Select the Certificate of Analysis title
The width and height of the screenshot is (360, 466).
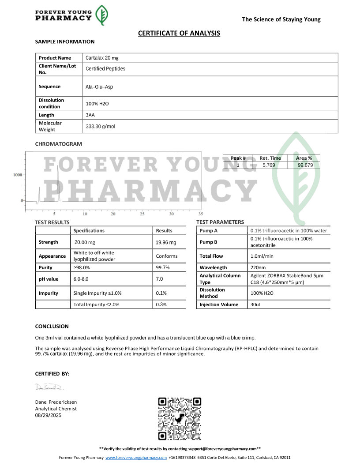click(179, 33)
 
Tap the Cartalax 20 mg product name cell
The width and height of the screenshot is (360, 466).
click(102, 58)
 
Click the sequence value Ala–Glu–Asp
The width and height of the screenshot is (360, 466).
click(99, 87)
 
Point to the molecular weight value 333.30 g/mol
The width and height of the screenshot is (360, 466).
click(100, 127)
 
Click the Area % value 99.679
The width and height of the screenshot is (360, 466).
click(304, 165)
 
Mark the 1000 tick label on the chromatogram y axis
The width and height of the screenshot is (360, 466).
click(18, 175)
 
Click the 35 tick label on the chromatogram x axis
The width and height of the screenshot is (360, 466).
click(201, 214)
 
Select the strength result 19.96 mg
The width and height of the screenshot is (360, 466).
click(166, 242)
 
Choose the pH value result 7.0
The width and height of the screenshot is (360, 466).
click(159, 279)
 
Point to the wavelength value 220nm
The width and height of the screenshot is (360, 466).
click(258, 267)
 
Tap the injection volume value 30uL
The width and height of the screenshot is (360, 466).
click(256, 304)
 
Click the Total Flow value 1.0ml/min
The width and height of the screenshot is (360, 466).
click(262, 256)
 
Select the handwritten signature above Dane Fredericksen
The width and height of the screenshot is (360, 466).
click(49, 387)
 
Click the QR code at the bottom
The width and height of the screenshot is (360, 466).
click(180, 418)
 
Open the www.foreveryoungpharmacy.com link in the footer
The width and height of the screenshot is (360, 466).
click(136, 458)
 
